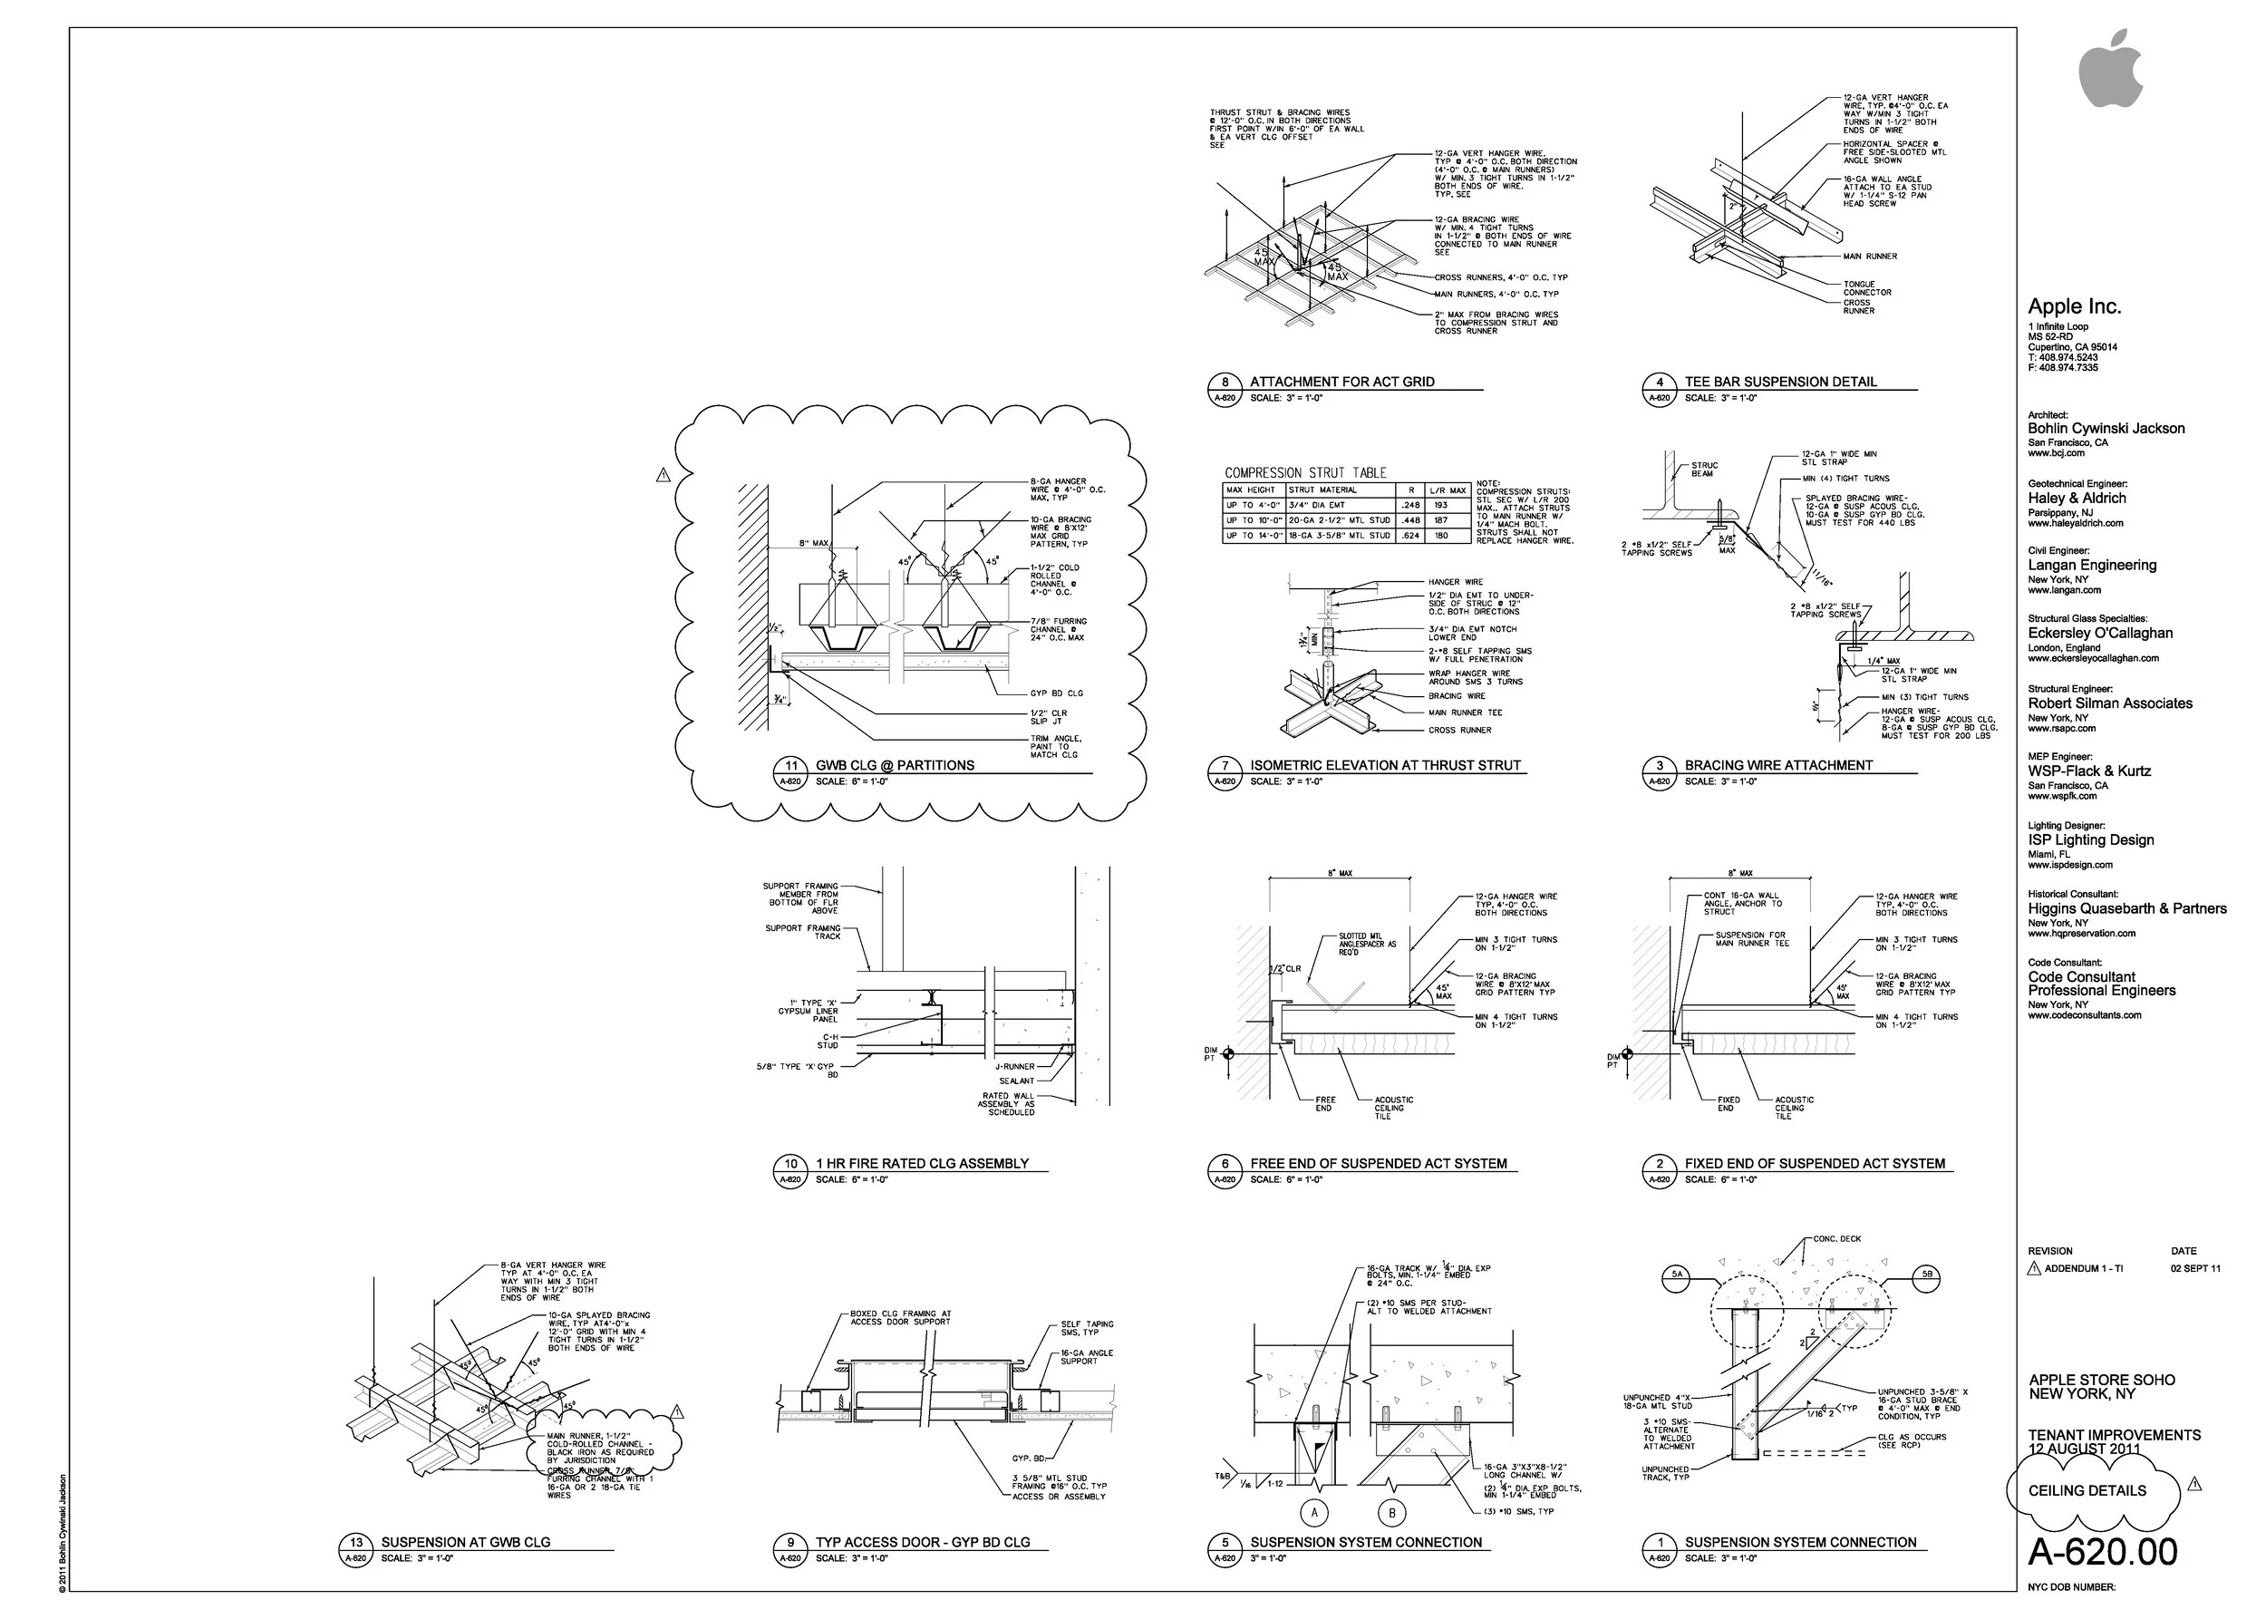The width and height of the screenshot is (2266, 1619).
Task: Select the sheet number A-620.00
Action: pyautogui.click(x=2102, y=1552)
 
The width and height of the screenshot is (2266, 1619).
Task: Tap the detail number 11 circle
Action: pyautogui.click(x=790, y=766)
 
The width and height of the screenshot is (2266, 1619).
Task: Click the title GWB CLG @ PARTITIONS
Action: pyautogui.click(x=895, y=766)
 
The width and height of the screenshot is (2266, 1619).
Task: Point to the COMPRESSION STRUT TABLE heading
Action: pyautogui.click(x=1305, y=472)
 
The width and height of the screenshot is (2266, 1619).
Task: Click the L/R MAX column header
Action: pyautogui.click(x=1448, y=490)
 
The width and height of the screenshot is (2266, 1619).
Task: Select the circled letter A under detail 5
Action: pyautogui.click(x=1314, y=1512)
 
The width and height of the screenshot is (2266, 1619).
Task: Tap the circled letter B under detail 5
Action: pyautogui.click(x=1390, y=1513)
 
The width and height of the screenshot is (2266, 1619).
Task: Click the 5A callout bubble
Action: pyautogui.click(x=1677, y=1274)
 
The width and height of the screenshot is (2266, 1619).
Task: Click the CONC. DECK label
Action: pyautogui.click(x=1836, y=1239)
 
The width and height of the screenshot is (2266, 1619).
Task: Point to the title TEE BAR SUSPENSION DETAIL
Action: pyautogui.click(x=1780, y=382)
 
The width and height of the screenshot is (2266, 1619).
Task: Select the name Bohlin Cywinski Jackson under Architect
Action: pyautogui.click(x=2106, y=429)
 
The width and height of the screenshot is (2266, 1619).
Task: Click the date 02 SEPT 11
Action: pyautogui.click(x=2195, y=1269)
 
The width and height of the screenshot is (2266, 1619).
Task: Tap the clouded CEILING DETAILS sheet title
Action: pyautogui.click(x=2087, y=1490)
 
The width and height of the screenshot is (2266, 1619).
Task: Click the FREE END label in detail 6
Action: pyautogui.click(x=1324, y=1103)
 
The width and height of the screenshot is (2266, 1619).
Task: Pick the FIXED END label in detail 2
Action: pyautogui.click(x=1728, y=1103)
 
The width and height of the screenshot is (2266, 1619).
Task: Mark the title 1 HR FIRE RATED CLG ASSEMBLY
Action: pyautogui.click(x=921, y=1163)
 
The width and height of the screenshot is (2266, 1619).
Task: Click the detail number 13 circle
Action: pyautogui.click(x=356, y=1542)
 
